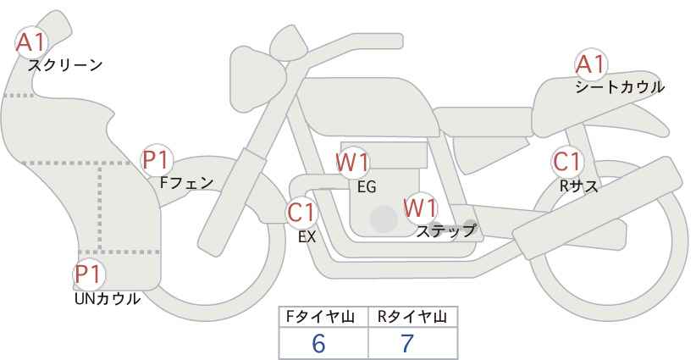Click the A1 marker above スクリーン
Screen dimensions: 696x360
pyautogui.click(x=31, y=42)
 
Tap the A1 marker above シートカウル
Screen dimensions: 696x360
pyautogui.click(x=591, y=64)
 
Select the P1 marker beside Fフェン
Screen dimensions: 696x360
pyautogui.click(x=157, y=161)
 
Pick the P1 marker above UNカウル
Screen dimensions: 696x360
pyautogui.click(x=89, y=274)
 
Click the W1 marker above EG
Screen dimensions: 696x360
pyautogui.click(x=352, y=163)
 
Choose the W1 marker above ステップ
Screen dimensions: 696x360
pyautogui.click(x=420, y=208)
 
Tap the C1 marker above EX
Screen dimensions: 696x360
pyautogui.click(x=301, y=213)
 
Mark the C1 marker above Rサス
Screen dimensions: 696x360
pyautogui.click(x=567, y=162)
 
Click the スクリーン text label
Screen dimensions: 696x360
pyautogui.click(x=65, y=66)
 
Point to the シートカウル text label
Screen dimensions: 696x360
pyautogui.click(x=620, y=87)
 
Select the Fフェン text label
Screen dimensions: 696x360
pyautogui.click(x=186, y=183)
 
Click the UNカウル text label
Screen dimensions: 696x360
pyautogui.click(x=108, y=299)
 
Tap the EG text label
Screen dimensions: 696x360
pyautogui.click(x=367, y=187)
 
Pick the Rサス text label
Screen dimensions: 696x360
pyautogui.click(x=578, y=186)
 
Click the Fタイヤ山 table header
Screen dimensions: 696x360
pyautogui.click(x=320, y=317)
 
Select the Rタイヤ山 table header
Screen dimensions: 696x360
pyautogui.click(x=412, y=317)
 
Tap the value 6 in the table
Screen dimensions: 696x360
pyautogui.click(x=318, y=343)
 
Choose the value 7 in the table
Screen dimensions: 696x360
pyautogui.click(x=407, y=343)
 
